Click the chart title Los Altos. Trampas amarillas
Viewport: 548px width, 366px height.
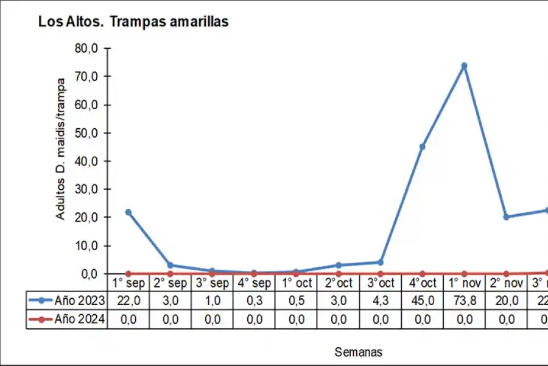point(133,21)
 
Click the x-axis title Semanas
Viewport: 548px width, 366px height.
point(359,352)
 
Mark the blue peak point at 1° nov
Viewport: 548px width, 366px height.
point(464,66)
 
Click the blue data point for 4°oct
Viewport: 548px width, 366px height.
point(422,146)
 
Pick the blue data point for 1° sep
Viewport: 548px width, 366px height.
point(128,212)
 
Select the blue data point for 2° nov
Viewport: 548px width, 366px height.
point(506,217)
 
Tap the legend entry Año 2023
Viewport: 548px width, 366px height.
point(67,301)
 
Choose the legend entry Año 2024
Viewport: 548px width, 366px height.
point(67,319)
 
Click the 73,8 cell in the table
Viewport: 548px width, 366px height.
point(464,301)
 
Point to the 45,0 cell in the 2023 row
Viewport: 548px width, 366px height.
point(422,301)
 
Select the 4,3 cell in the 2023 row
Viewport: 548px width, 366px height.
point(380,301)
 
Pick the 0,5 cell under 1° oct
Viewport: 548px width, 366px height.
point(296,301)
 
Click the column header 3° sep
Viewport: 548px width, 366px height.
point(212,283)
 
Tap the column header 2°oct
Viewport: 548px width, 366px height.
point(338,283)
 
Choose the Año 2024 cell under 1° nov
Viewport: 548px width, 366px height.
point(464,319)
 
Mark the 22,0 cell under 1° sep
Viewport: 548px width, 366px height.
point(128,301)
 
